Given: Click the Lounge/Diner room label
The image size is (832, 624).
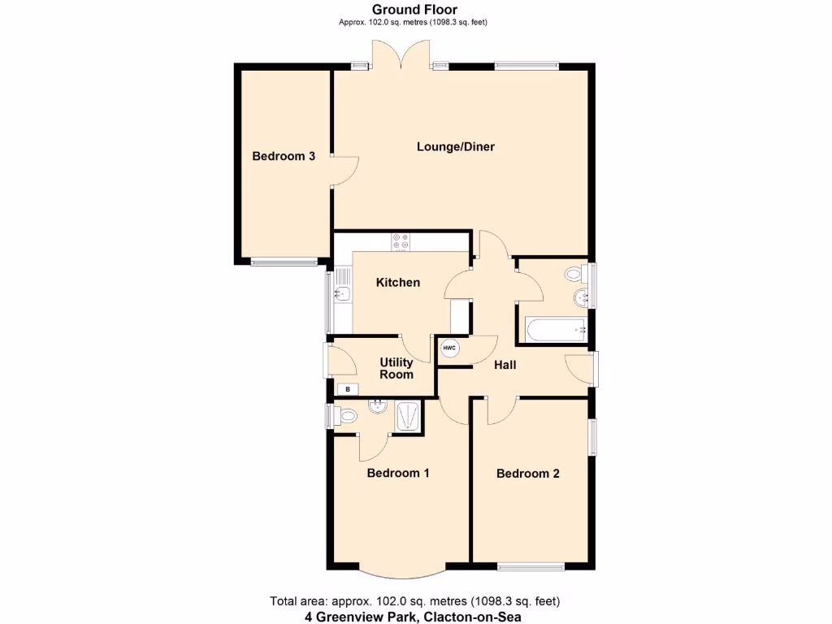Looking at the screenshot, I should pyautogui.click(x=456, y=147).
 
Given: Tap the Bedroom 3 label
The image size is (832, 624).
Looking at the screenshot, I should pyautogui.click(x=284, y=156).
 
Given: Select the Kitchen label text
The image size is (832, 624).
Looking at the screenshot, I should pyautogui.click(x=398, y=283).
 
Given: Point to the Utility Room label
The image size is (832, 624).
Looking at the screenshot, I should pyautogui.click(x=396, y=368).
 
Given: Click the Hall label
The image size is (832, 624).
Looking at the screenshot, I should pyautogui.click(x=505, y=366).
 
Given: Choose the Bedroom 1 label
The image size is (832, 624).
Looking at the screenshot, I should pyautogui.click(x=398, y=473).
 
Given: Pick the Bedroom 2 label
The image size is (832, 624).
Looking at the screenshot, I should pyautogui.click(x=528, y=474).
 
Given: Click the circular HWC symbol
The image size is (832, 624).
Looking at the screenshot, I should pyautogui.click(x=449, y=348).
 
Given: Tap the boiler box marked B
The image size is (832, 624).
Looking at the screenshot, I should pyautogui.click(x=348, y=389).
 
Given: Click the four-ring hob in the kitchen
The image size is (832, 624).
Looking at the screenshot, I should pyautogui.click(x=401, y=241).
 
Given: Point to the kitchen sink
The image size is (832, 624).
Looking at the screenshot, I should pyautogui.click(x=342, y=294).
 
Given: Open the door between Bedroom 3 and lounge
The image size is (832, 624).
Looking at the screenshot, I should pyautogui.click(x=346, y=171).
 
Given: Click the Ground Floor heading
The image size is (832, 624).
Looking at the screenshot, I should pyautogui.click(x=414, y=10).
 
